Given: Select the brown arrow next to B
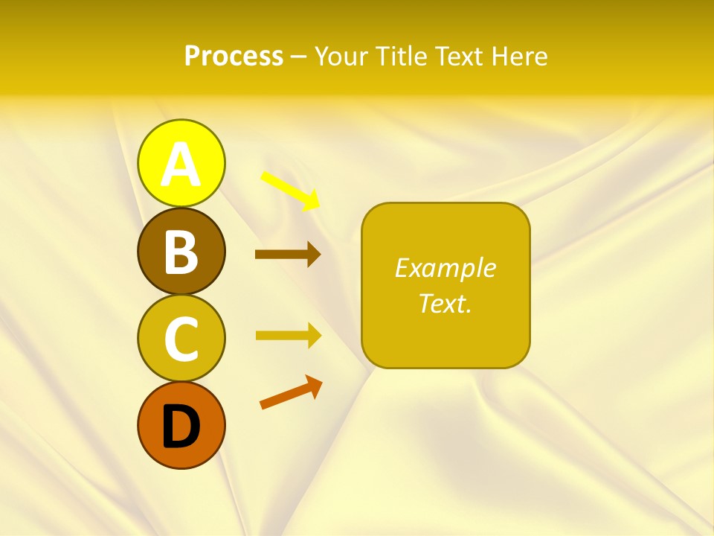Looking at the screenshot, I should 287,255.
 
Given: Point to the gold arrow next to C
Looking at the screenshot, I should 287,335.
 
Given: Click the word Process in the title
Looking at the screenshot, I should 234,57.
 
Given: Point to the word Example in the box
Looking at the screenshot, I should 445,268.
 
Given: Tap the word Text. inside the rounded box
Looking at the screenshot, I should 445,303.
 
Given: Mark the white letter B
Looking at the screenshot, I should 181,252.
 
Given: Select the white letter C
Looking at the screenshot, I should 181,339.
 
